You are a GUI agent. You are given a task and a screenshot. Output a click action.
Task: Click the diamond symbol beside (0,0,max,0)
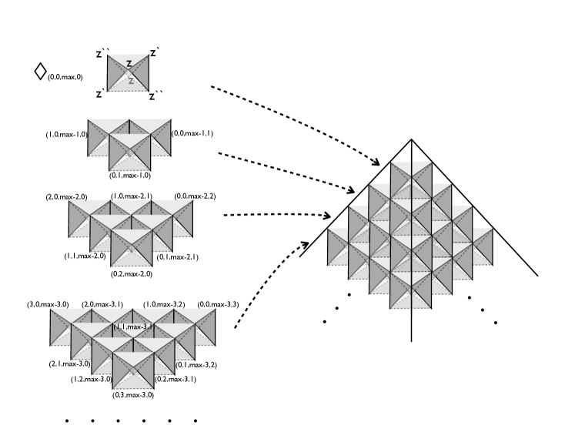[x=40, y=72]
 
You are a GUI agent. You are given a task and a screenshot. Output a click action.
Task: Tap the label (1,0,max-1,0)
[x=67, y=135]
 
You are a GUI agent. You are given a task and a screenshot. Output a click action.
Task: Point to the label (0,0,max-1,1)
[x=192, y=134]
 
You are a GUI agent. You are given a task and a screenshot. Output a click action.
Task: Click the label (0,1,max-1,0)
[x=129, y=176]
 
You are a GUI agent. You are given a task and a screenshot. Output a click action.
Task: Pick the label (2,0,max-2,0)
[x=67, y=197]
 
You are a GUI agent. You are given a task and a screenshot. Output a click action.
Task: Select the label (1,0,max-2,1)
[x=132, y=197]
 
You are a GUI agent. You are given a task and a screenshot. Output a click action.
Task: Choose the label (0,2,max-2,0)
[x=132, y=273]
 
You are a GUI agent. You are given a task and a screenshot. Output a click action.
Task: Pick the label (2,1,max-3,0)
[x=69, y=363]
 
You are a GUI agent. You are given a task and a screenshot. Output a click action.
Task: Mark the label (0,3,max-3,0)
[x=133, y=395]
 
